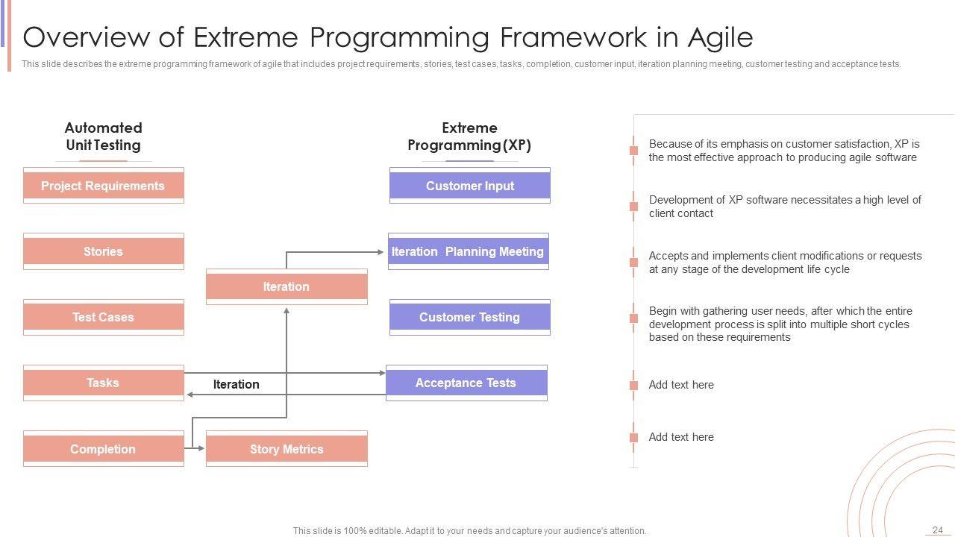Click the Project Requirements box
pyautogui.click(x=104, y=186)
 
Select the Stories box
pyautogui.click(x=104, y=251)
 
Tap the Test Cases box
pyautogui.click(x=104, y=317)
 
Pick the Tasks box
pyautogui.click(x=104, y=383)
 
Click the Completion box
pyautogui.click(x=104, y=449)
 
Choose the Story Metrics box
pyautogui.click(x=286, y=449)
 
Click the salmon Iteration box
pyautogui.click(x=286, y=286)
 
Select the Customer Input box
pyautogui.click(x=470, y=186)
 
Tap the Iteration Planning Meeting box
pyautogui.click(x=468, y=251)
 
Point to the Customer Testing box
pyautogui.click(x=470, y=317)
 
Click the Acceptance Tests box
pyautogui.click(x=466, y=383)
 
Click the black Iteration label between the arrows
pyautogui.click(x=237, y=384)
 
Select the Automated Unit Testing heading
pyautogui.click(x=103, y=136)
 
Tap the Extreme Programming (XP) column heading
pyautogui.click(x=469, y=136)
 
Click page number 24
pyautogui.click(x=938, y=530)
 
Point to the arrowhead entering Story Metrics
pyautogui.click(x=201, y=448)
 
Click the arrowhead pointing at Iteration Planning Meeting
pyautogui.click(x=381, y=252)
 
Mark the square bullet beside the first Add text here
pyautogui.click(x=634, y=386)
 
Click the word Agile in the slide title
pyautogui.click(x=721, y=37)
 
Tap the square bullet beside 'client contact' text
pyautogui.click(x=634, y=207)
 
